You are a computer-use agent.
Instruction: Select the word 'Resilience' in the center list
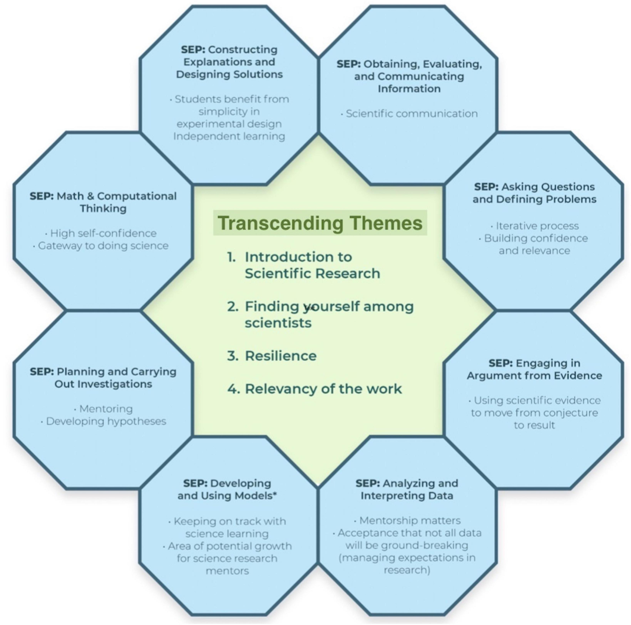click(280, 356)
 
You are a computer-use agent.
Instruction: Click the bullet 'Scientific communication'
click(411, 114)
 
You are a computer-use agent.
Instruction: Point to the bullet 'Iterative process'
click(537, 226)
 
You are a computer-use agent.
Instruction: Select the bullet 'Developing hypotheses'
click(106, 421)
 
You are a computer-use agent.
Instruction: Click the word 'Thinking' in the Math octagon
click(103, 208)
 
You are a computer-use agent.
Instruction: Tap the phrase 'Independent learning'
click(229, 136)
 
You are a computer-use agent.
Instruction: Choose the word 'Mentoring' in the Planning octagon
click(106, 409)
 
